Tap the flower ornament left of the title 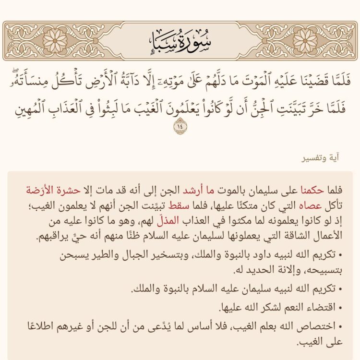point(56,40)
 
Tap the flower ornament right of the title point(304,40)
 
